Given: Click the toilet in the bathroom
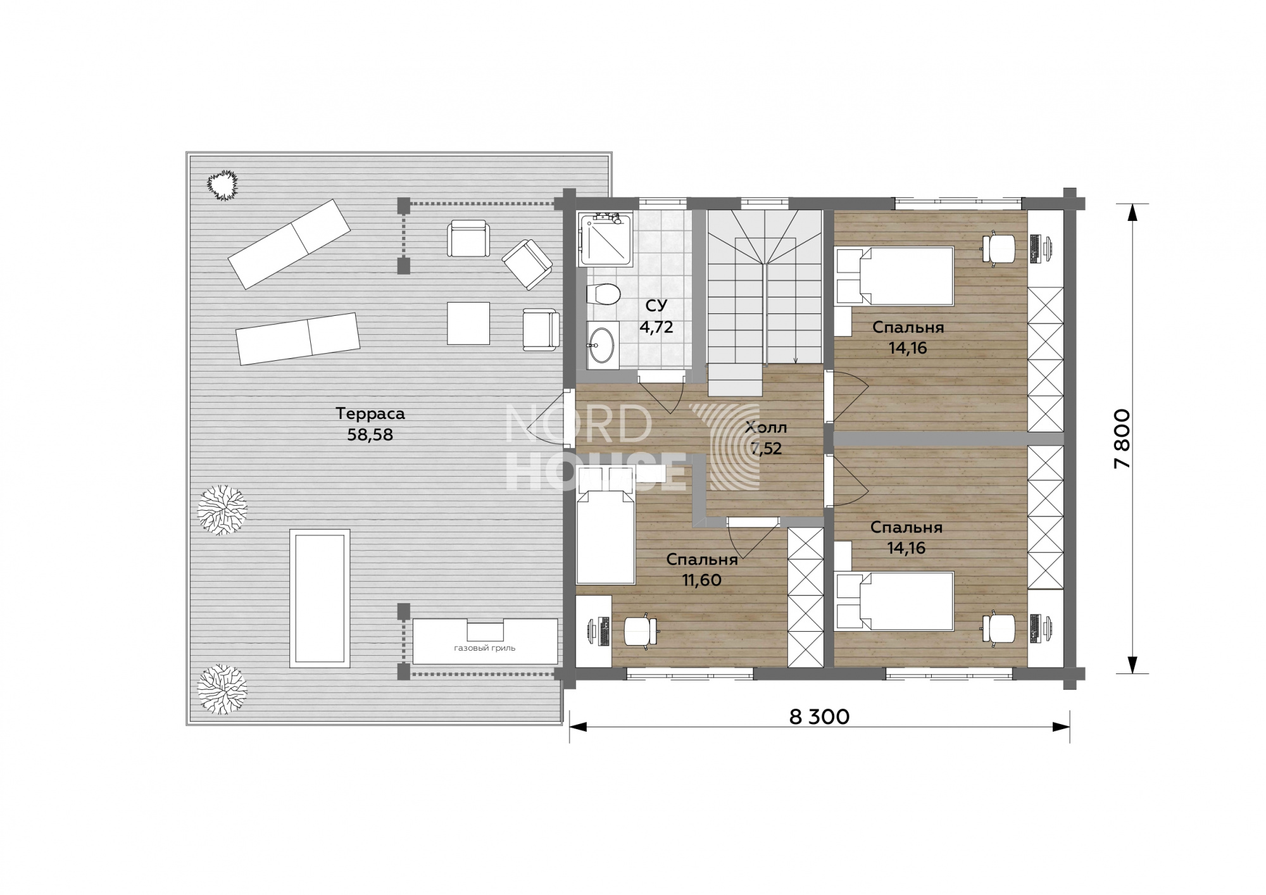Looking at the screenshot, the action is [x=602, y=295].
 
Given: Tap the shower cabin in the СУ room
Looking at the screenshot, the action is [x=606, y=239].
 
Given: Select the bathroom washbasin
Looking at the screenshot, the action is [x=603, y=345].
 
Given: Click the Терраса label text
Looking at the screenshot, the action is [x=370, y=414].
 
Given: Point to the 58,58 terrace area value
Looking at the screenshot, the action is [x=370, y=435].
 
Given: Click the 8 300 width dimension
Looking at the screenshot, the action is [x=820, y=717].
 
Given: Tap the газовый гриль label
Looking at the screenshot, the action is [x=485, y=648].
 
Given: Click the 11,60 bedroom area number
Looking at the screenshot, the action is [x=702, y=580].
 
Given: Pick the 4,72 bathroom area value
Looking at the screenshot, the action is [x=656, y=327].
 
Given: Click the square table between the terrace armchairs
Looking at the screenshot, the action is [x=468, y=323].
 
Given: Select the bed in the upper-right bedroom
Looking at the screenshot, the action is [x=894, y=276].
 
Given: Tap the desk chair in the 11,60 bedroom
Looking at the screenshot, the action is [x=641, y=630].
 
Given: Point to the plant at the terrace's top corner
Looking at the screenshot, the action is [x=222, y=185].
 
